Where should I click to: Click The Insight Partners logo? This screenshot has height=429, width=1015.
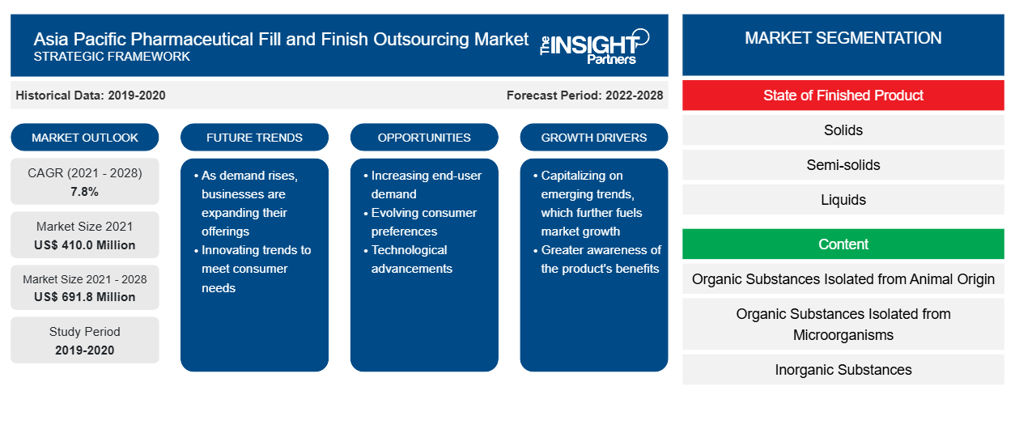[594, 46]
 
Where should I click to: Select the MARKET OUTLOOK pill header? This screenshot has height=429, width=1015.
[85, 138]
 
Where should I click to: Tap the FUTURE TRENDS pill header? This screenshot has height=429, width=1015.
[254, 138]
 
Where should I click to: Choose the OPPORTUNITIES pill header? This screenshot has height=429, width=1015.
[424, 138]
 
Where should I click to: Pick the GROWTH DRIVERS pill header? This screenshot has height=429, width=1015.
[593, 138]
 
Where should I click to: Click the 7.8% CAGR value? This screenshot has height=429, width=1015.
[85, 192]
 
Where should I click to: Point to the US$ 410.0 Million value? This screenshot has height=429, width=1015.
[85, 245]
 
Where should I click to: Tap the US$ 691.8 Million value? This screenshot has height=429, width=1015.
[85, 297]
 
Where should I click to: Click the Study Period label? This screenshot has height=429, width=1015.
[85, 332]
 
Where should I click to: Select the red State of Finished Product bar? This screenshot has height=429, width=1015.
[843, 96]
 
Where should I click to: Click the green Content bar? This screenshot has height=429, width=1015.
[843, 244]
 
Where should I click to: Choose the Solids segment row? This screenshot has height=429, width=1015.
[843, 130]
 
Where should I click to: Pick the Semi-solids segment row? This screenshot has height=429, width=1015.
[843, 165]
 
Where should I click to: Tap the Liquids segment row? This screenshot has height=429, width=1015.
[843, 200]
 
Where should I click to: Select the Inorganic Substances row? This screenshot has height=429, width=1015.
[843, 370]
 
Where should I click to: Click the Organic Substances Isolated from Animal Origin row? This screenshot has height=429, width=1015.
[843, 279]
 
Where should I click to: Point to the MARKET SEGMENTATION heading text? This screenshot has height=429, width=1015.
[843, 38]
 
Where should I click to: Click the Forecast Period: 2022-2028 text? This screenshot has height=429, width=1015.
[584, 96]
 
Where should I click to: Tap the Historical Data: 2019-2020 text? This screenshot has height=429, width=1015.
[91, 96]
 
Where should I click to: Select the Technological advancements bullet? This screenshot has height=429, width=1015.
[408, 259]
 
